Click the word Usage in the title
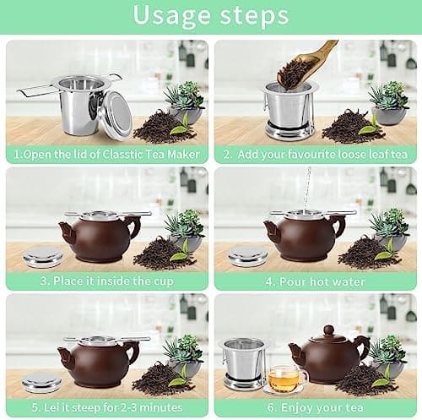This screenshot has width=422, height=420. tap(172, 16)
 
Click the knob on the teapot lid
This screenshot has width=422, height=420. tap(328, 330)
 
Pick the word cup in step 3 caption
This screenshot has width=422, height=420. tap(163, 281)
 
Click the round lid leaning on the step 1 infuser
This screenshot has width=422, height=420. tap(117, 116)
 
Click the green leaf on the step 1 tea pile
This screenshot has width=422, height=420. tap(180, 125)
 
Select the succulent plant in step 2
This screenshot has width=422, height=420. tap(389, 95)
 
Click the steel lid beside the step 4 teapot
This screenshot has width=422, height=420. tap(247, 257)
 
